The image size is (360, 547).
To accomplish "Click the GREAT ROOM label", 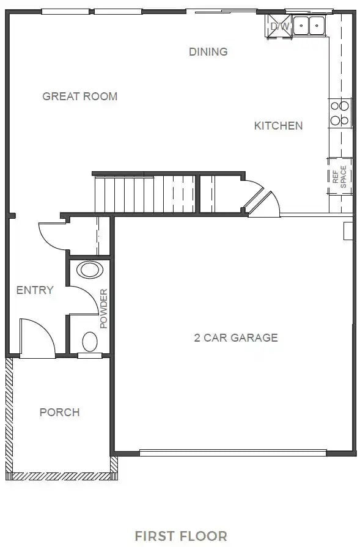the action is (80, 97).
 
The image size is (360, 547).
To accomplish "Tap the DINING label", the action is (208, 51).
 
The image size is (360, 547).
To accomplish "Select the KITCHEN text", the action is (278, 125).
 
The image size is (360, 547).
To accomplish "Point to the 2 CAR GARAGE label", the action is (236, 338).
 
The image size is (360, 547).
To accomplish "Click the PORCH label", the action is (60, 413).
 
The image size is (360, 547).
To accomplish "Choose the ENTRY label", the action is (35, 290).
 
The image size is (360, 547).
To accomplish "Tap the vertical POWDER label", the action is (104, 309).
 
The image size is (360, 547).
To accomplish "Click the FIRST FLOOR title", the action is (181, 536).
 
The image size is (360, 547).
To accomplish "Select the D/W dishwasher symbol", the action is (279, 26).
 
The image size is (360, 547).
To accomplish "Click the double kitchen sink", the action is (309, 26).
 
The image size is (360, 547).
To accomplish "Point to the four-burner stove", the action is (340, 113).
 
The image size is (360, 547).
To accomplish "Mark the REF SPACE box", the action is (339, 177).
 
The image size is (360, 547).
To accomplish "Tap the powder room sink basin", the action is (90, 270).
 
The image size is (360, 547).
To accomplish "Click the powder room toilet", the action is (90, 342).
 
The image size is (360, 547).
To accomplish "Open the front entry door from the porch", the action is (37, 338).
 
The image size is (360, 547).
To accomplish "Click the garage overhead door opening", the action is (233, 453).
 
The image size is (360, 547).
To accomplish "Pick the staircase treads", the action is (145, 194).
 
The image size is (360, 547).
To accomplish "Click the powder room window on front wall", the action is (90, 356).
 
